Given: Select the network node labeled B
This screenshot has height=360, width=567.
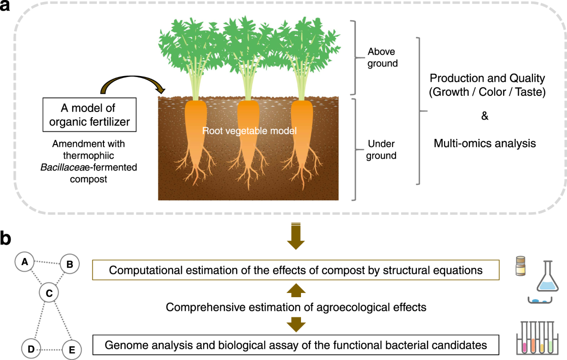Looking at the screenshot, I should [x=69, y=265].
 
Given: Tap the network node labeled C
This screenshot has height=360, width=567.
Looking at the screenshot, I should [x=48, y=293].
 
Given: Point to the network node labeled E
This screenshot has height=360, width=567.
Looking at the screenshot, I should [x=71, y=350].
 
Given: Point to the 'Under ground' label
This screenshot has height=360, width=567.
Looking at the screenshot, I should [x=382, y=150].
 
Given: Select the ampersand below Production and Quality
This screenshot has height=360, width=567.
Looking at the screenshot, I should [x=485, y=116].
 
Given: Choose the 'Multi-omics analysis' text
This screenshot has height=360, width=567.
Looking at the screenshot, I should [x=485, y=143].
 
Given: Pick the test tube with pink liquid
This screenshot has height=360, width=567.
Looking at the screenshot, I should [x=523, y=343].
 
